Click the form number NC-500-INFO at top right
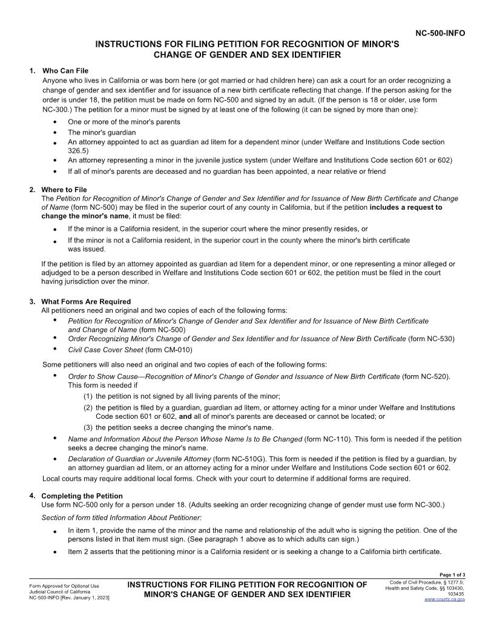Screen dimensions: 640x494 pos(440,33)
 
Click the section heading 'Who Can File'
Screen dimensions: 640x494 pos(65,71)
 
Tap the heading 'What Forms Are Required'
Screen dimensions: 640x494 pos(85,301)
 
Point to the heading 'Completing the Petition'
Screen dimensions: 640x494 pos(82,496)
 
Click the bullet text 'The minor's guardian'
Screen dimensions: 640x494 pos(102,132)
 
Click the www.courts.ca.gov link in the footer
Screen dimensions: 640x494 pos(444,599)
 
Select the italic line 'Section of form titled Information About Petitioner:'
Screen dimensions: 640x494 pos(121,518)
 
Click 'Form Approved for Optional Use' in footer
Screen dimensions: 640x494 pos(64,586)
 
